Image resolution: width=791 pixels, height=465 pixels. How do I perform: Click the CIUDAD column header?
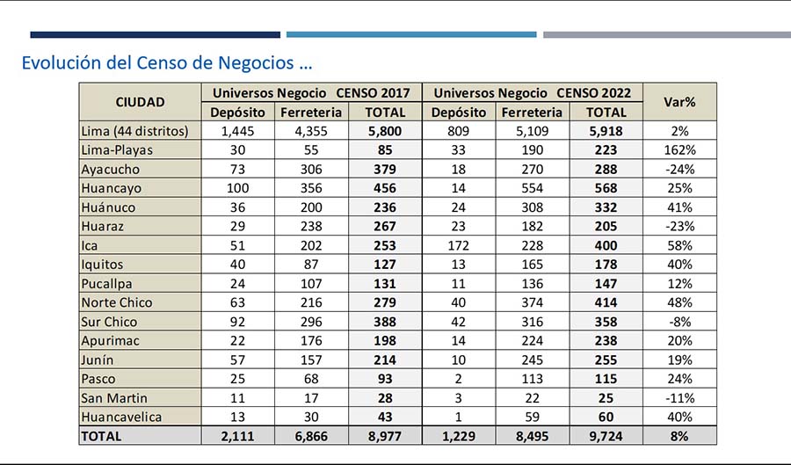pyautogui.click(x=140, y=102)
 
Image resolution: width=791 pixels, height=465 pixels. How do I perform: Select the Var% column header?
pyautogui.click(x=679, y=102)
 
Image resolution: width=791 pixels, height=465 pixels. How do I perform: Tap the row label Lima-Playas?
pyautogui.click(x=117, y=150)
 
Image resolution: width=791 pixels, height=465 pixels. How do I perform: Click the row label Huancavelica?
pyautogui.click(x=121, y=417)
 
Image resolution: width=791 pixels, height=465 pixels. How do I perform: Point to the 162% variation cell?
pyautogui.click(x=679, y=150)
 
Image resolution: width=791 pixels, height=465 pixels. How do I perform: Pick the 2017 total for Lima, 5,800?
pyautogui.click(x=385, y=131)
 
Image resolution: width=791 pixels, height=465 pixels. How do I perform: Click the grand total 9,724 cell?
pyautogui.click(x=606, y=436)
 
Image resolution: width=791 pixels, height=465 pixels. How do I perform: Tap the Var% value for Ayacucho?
pyautogui.click(x=679, y=170)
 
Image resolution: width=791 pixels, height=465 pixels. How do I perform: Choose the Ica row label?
pyautogui.click(x=90, y=245)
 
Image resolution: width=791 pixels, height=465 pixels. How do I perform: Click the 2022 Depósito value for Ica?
pyautogui.click(x=458, y=245)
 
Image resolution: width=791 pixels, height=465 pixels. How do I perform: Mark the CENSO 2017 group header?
pyautogui.click(x=311, y=93)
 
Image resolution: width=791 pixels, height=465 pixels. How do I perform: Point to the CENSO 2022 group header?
pyautogui.click(x=533, y=93)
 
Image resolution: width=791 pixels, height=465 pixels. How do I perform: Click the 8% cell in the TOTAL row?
pyautogui.click(x=679, y=436)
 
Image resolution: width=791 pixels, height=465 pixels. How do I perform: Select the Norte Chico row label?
pyautogui.click(x=117, y=302)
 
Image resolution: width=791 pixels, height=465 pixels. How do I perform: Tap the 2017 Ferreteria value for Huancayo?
pyautogui.click(x=311, y=188)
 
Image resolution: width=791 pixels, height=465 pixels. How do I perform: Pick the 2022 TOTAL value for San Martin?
pyautogui.click(x=606, y=398)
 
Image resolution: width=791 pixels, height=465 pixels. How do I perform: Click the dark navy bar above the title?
pyautogui.click(x=155, y=35)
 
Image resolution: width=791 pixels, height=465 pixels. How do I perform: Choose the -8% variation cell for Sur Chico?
pyautogui.click(x=679, y=322)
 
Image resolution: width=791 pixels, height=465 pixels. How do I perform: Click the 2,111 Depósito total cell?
pyautogui.click(x=237, y=436)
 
